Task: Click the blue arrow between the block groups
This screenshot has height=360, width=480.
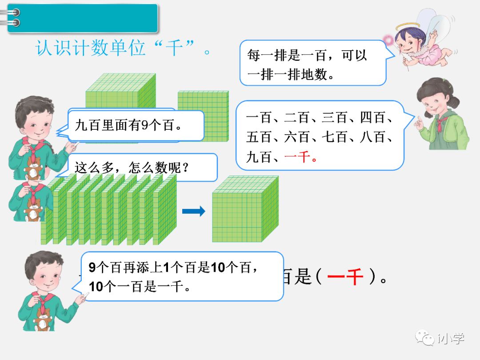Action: coord(194,211)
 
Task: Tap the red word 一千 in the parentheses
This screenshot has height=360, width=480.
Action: coord(345,278)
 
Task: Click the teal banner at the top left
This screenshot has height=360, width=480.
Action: coord(83,18)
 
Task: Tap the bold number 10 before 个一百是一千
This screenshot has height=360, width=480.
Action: coord(96,287)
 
